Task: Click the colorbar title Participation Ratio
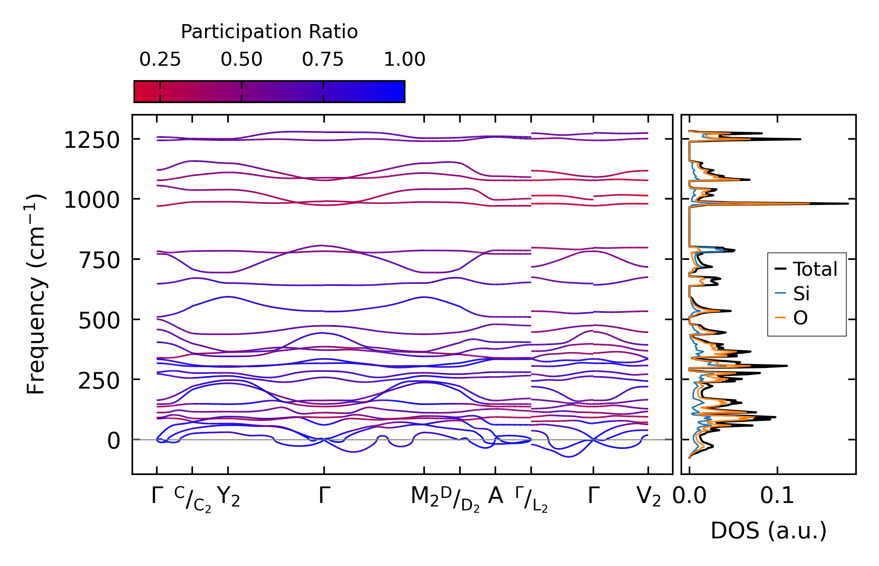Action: click(x=269, y=32)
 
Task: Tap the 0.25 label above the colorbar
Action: click(x=160, y=60)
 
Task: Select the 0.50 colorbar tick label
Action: click(x=241, y=60)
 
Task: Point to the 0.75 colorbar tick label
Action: click(x=323, y=60)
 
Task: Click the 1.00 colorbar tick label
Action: click(x=404, y=60)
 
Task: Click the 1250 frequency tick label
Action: click(x=91, y=140)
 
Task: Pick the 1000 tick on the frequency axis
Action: click(x=91, y=201)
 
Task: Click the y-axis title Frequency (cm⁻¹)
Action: click(x=36, y=294)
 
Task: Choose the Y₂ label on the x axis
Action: click(x=228, y=497)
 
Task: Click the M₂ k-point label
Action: click(x=425, y=497)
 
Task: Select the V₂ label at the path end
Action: click(x=648, y=497)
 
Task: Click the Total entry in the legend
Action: click(x=815, y=269)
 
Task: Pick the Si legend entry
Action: click(x=801, y=294)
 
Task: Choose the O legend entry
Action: click(x=800, y=318)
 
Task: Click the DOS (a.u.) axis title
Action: click(x=768, y=531)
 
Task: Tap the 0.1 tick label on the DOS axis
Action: click(x=777, y=496)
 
